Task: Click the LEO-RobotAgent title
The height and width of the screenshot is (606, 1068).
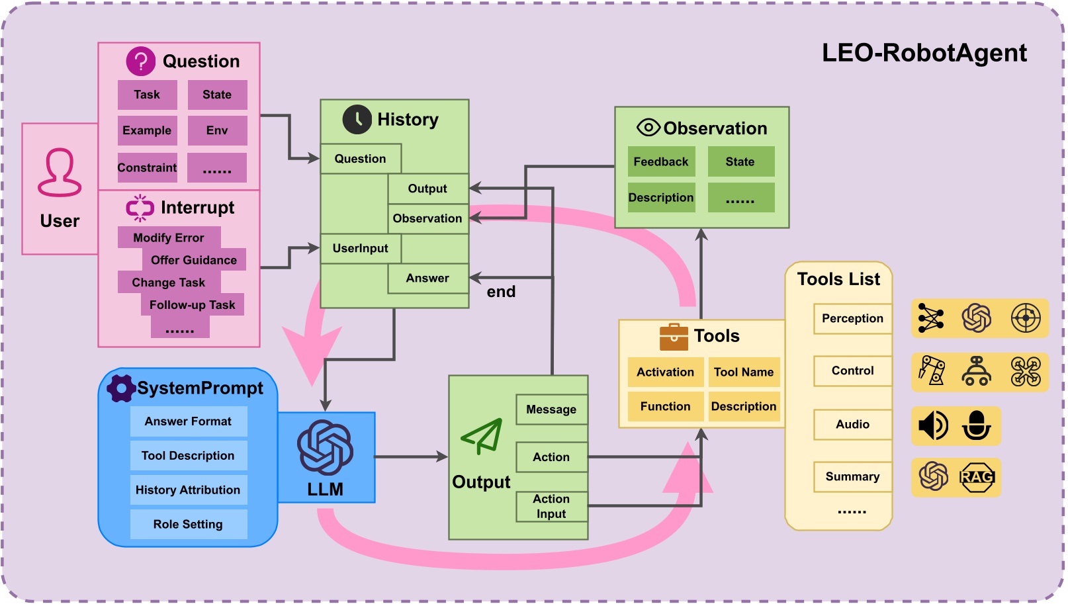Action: [x=924, y=53]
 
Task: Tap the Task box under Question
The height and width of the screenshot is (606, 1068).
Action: [x=147, y=95]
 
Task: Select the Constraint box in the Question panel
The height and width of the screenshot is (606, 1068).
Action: [x=147, y=167]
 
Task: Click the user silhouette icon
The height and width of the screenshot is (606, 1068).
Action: [x=60, y=173]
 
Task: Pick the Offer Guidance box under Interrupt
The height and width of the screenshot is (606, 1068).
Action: [x=193, y=260]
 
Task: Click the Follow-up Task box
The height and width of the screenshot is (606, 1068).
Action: [x=192, y=305]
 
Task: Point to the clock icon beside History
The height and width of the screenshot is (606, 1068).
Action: [x=357, y=120]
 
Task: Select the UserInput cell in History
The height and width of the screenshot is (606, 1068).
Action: [x=361, y=248]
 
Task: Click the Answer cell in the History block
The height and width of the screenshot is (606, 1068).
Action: [x=427, y=279]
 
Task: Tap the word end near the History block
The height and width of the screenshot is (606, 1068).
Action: [x=501, y=292]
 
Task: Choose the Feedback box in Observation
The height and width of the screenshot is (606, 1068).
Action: [x=660, y=161]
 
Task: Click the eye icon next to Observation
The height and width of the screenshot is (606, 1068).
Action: [x=648, y=127]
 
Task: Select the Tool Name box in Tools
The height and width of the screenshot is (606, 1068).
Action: [x=743, y=372]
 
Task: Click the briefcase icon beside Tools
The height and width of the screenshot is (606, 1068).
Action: [x=674, y=337]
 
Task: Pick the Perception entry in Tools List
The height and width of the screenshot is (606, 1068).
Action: [x=852, y=318]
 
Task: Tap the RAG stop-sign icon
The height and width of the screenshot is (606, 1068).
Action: [x=977, y=477]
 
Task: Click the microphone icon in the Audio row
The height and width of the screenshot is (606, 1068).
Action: [x=977, y=425]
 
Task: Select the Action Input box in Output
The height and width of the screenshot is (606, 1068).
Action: [x=551, y=506]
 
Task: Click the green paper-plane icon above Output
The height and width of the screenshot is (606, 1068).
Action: [x=482, y=436]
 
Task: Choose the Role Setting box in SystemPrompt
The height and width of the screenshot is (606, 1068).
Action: [x=188, y=524]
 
